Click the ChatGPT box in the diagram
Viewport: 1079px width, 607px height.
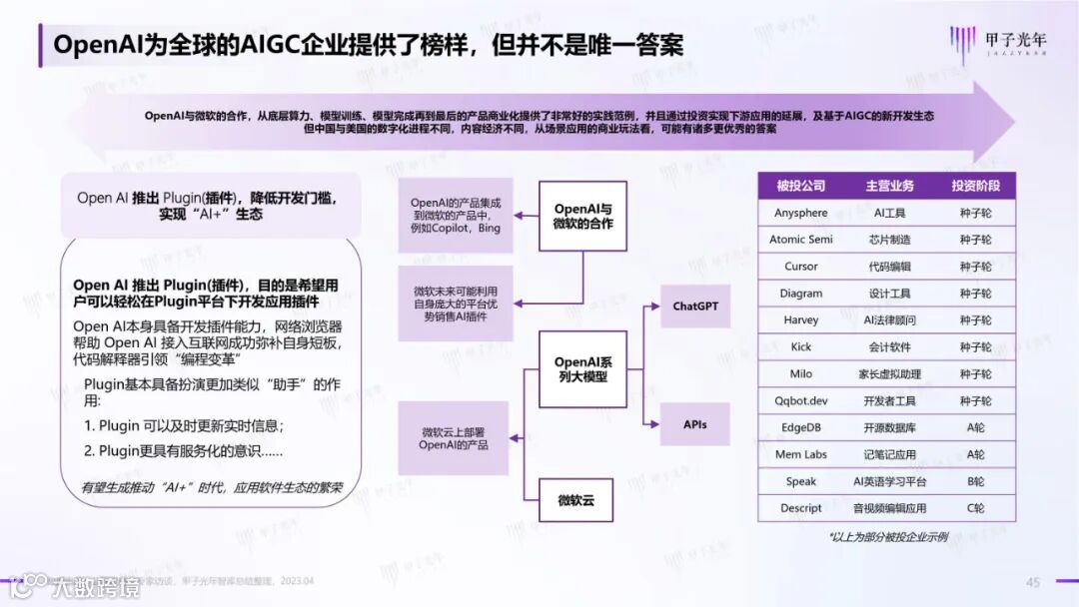tap(695, 306)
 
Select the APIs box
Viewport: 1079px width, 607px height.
tap(695, 424)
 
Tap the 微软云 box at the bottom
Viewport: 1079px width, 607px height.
tap(576, 500)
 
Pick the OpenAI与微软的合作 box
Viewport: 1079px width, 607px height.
tap(583, 217)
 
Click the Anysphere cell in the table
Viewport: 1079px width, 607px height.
tap(801, 213)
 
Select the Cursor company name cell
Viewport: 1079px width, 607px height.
tap(801, 267)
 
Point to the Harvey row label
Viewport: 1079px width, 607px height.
tap(801, 319)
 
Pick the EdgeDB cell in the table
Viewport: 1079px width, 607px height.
tap(801, 427)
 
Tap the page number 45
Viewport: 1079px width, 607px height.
tap(1033, 582)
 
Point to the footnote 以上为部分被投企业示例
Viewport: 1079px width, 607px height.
tap(888, 537)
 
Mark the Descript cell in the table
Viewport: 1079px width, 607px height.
tap(801, 508)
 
